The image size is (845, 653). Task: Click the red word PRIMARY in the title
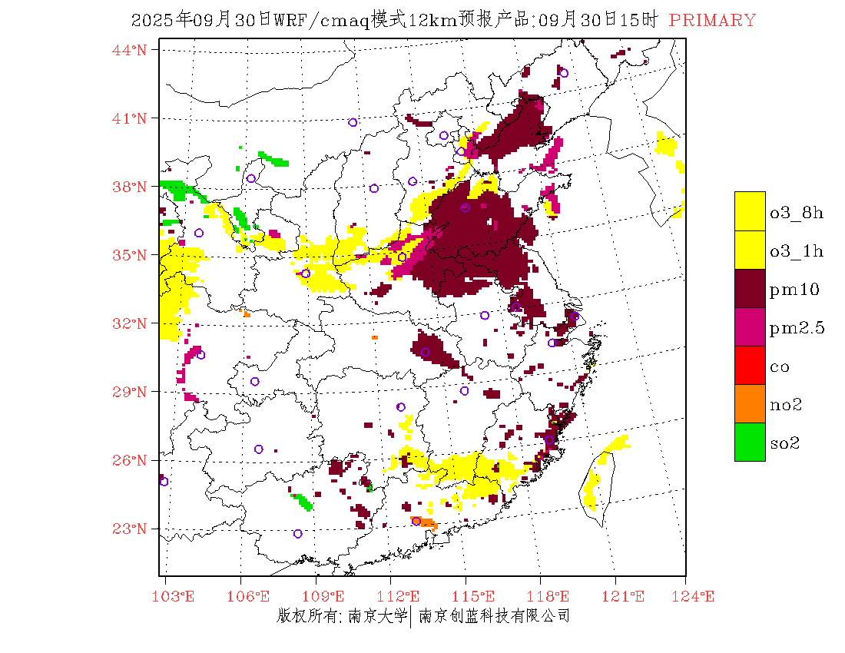click(712, 21)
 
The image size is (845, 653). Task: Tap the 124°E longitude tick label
click(698, 596)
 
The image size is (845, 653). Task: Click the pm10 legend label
click(794, 290)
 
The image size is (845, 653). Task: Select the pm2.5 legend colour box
click(750, 326)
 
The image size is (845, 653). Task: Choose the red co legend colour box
click(750, 365)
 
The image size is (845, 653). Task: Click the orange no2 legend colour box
click(750, 403)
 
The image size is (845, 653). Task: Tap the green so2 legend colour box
click(750, 442)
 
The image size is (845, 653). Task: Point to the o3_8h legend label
click(796, 213)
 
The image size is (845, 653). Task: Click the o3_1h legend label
click(796, 251)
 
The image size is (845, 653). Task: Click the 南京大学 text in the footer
click(376, 616)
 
